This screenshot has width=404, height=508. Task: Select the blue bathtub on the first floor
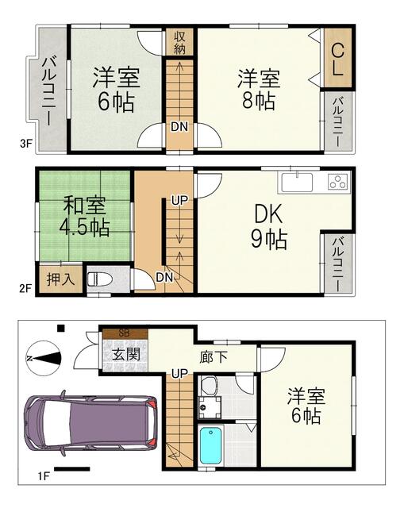(210, 448)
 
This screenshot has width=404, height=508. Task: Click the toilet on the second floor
(98, 280)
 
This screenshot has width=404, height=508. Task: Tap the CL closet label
(337, 60)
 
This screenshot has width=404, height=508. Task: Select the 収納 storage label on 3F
(180, 41)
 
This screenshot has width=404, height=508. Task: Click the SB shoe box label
(125, 333)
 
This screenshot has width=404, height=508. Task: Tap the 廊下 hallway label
(212, 357)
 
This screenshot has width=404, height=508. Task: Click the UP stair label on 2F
(179, 201)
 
